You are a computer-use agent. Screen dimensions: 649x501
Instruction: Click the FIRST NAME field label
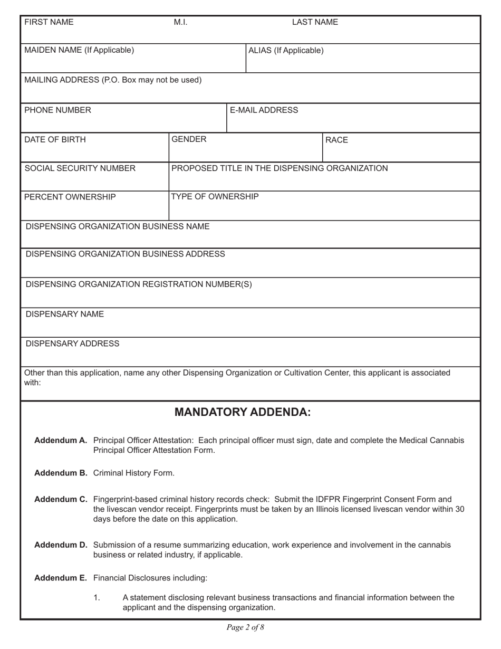tap(49, 22)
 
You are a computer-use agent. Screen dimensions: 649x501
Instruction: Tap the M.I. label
tap(180, 22)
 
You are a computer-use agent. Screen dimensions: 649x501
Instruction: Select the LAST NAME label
tap(315, 22)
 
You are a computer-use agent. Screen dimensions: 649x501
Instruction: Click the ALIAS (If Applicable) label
tap(286, 51)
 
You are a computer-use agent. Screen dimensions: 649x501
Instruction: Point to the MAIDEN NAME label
tap(79, 50)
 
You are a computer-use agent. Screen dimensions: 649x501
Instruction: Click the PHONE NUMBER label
tap(57, 110)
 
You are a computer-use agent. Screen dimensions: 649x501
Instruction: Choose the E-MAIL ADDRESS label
tap(264, 110)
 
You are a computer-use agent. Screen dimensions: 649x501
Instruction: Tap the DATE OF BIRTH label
tap(55, 140)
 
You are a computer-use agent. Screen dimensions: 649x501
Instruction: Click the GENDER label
tap(189, 139)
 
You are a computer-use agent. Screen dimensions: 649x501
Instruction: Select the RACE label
tap(337, 140)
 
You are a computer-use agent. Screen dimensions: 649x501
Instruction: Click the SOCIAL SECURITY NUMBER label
tap(80, 168)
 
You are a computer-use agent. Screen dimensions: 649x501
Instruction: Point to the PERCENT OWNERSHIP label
tap(70, 197)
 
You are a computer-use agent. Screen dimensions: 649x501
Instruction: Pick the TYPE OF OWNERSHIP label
tap(215, 197)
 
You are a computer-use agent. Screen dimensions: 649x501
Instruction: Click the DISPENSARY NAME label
tap(65, 314)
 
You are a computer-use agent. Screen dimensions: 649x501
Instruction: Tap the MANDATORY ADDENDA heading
tap(243, 412)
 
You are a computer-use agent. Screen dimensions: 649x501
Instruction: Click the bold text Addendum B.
tap(61, 473)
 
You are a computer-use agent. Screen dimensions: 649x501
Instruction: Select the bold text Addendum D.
tap(61, 545)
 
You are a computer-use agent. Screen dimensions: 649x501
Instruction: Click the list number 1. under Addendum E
tap(97, 598)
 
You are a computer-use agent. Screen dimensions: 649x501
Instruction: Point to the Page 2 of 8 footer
tap(245, 627)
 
